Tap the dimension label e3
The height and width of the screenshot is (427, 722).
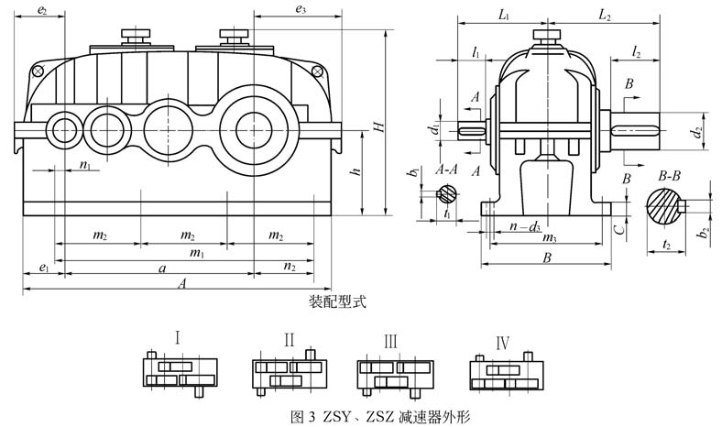[301, 9]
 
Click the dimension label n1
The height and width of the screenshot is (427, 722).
[85, 166]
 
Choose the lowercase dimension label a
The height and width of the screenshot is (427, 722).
[162, 268]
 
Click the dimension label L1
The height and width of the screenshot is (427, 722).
[503, 15]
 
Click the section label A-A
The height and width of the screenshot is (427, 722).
[448, 170]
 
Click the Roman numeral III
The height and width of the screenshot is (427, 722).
[390, 342]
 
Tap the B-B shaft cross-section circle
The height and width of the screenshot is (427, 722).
[665, 203]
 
